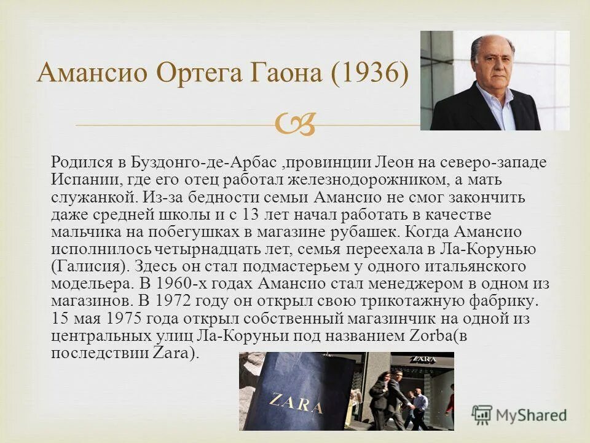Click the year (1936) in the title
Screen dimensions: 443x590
pos(368,74)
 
